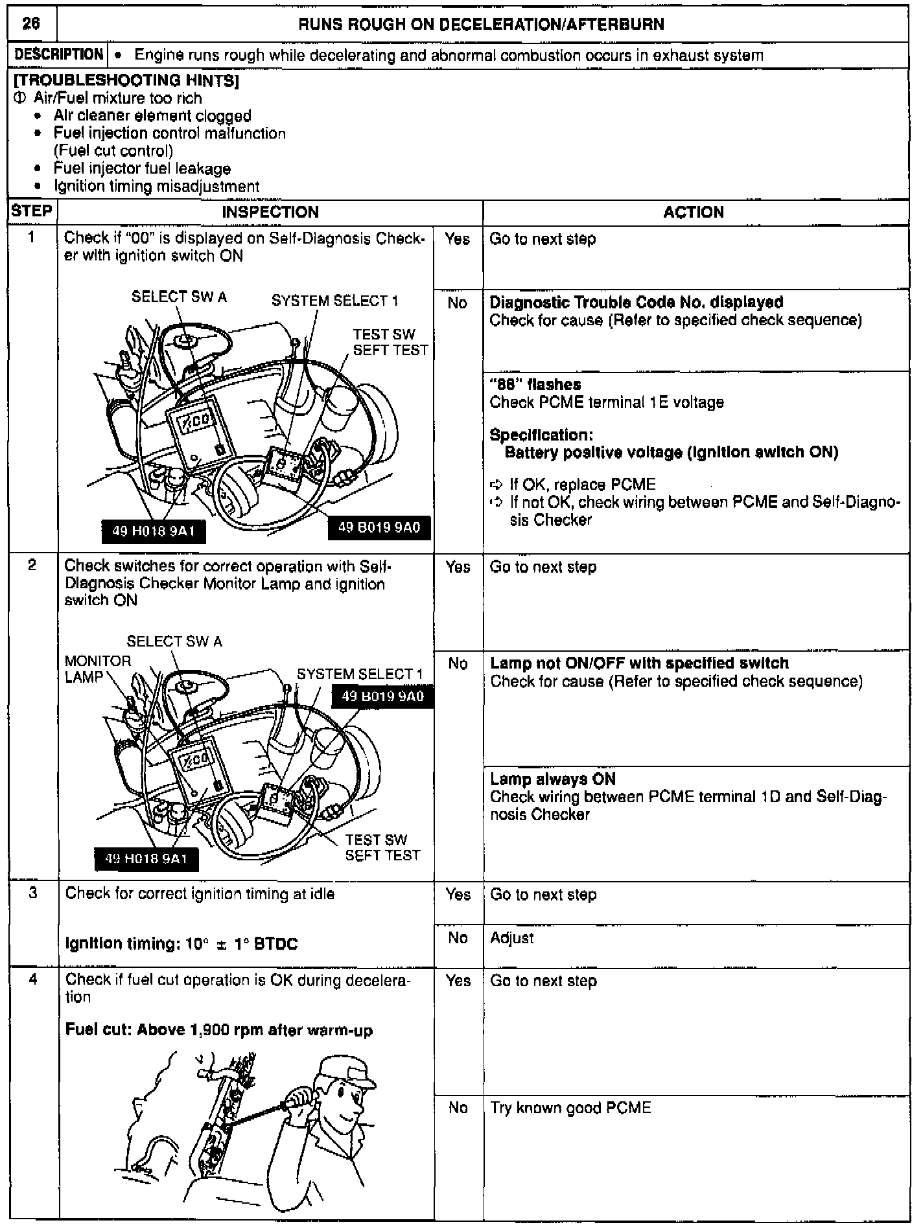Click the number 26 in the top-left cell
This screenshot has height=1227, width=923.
click(x=31, y=24)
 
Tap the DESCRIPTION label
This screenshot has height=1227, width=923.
click(x=58, y=55)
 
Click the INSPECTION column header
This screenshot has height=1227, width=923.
click(x=270, y=212)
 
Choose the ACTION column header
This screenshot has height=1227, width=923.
click(x=694, y=212)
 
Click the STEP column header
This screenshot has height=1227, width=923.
click(x=32, y=211)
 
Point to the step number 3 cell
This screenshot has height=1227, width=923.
click(x=32, y=893)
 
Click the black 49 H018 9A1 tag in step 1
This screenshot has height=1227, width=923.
click(x=154, y=532)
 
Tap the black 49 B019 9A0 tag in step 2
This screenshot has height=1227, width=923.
click(x=382, y=696)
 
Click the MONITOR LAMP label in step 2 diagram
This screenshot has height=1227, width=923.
click(x=97, y=669)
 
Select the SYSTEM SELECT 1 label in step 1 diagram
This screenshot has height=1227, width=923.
click(x=334, y=301)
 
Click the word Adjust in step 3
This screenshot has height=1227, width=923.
click(x=512, y=938)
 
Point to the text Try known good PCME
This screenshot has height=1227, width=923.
click(x=570, y=1107)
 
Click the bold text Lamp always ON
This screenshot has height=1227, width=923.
click(x=553, y=779)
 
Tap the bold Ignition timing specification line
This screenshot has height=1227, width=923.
click(x=181, y=944)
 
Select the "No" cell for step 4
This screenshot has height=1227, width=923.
click(x=458, y=1107)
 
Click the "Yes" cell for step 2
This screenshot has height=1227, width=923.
click(x=458, y=567)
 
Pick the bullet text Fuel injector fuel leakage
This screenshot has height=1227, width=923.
click(x=142, y=168)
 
